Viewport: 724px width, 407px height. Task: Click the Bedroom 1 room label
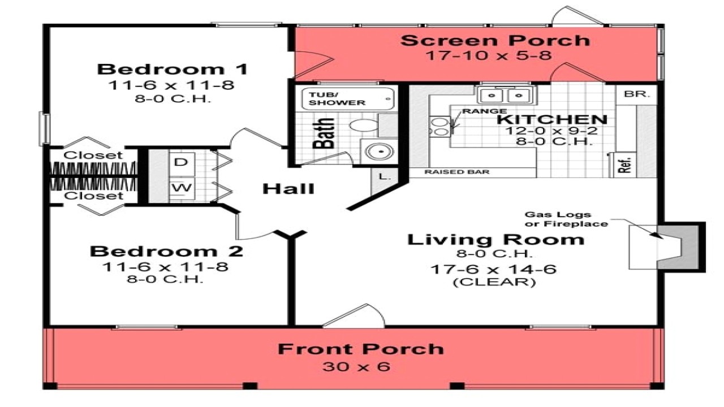173,70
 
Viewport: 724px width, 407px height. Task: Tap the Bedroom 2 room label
167,251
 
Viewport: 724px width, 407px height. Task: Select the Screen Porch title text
495,41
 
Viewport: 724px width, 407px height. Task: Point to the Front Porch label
360,349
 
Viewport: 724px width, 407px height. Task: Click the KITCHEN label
552,119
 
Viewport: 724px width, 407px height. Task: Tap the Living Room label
495,239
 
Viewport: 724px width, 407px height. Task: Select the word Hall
288,189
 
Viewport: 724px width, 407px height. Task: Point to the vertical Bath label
324,132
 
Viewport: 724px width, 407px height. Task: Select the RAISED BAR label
457,172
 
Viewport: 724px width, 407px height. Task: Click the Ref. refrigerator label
626,164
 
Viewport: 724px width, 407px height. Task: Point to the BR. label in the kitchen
632,94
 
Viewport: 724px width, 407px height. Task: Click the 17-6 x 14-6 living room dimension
493,269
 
